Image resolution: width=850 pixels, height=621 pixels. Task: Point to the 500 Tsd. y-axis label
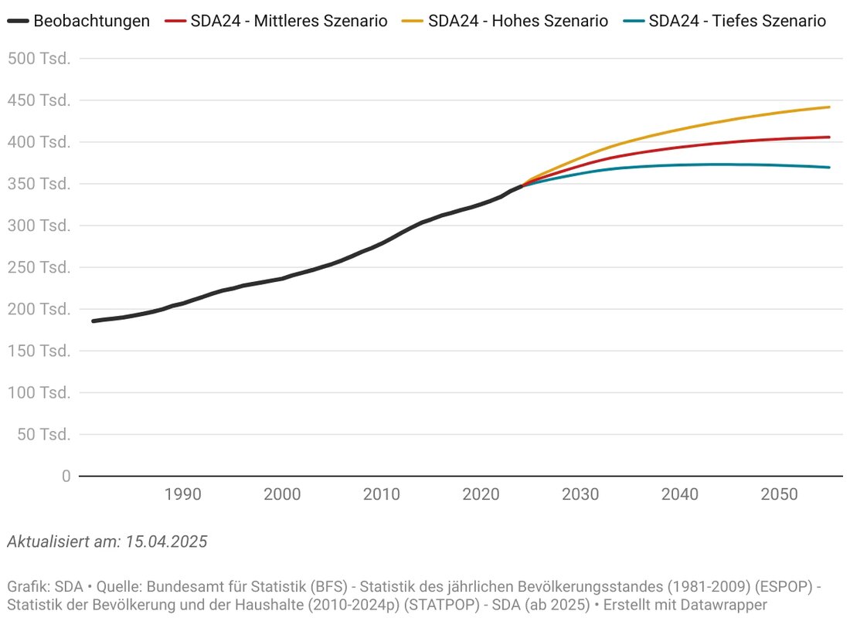point(39,59)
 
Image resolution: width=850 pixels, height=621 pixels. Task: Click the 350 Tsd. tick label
point(39,184)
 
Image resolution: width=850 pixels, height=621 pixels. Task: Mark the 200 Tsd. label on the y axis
point(39,309)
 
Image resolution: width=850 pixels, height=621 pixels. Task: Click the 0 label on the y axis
point(66,476)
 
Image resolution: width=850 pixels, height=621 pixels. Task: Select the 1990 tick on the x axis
point(182,494)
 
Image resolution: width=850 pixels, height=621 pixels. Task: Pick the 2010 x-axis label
point(381,494)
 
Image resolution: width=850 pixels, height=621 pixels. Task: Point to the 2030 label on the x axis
point(580,494)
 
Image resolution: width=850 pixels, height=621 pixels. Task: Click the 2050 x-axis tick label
point(779,494)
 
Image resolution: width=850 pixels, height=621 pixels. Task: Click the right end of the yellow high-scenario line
point(829,107)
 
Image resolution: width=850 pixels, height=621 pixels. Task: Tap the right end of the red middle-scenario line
point(829,137)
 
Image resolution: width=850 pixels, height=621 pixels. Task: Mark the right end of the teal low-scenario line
point(829,167)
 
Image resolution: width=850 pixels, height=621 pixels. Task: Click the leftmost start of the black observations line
point(93,321)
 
